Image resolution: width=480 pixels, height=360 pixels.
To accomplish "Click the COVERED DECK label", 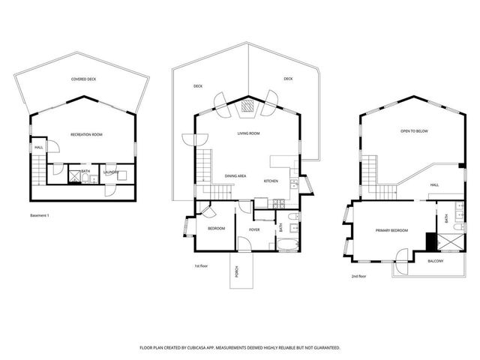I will (x=83, y=79).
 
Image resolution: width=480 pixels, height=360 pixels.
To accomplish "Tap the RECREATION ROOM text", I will (x=86, y=134).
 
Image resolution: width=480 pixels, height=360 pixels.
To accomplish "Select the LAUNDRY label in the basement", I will (x=112, y=172).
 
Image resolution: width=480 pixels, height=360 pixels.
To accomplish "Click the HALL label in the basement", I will (x=37, y=147).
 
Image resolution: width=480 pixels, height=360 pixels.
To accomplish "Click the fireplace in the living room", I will (x=245, y=107).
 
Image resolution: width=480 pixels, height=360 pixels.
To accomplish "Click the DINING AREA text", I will (x=235, y=176).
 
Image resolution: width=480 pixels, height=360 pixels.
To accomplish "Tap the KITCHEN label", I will (x=271, y=181).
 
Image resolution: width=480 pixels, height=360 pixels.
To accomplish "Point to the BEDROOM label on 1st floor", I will (x=216, y=228).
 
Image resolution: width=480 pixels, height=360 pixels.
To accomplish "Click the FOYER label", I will (x=254, y=229).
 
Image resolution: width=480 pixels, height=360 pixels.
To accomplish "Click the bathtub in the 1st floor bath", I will (x=286, y=245).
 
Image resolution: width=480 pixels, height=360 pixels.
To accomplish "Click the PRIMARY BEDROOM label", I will (x=391, y=230).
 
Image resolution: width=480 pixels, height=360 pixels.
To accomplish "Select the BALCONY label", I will (x=435, y=261).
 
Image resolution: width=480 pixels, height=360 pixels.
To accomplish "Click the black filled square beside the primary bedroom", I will (x=430, y=241).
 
